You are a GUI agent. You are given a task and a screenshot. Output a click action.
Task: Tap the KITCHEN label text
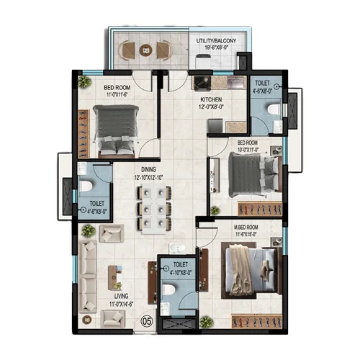click(x=212, y=100)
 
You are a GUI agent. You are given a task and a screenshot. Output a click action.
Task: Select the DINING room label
click(x=149, y=169)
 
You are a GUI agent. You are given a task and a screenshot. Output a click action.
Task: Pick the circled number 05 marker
click(x=148, y=322)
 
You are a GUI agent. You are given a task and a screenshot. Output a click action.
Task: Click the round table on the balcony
click(x=146, y=50)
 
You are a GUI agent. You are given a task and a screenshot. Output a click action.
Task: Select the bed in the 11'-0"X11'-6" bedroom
click(x=117, y=130)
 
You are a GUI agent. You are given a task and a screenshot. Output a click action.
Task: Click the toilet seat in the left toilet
click(x=86, y=186)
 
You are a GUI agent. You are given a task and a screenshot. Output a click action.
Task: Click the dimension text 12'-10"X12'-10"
click(x=149, y=177)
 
